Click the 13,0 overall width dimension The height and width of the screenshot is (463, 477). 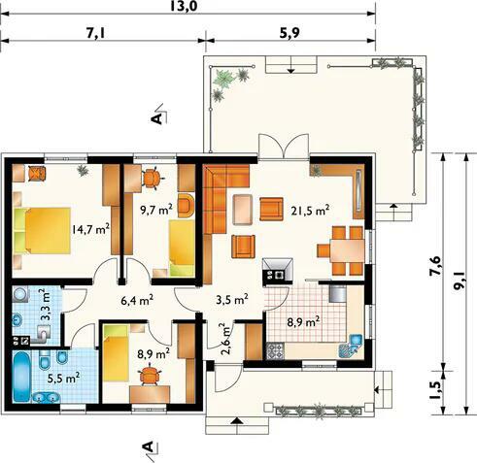point(184,6)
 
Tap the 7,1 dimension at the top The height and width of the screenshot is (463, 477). point(95,33)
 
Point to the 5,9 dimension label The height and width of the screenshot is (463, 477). point(290,33)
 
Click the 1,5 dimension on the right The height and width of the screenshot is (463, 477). point(436,390)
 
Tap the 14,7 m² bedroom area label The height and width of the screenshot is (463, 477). point(90,229)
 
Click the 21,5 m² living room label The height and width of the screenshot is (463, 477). point(310,211)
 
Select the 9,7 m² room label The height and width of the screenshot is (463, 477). point(155,210)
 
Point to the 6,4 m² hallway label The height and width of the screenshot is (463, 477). point(137,300)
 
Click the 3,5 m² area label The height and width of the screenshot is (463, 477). point(232,299)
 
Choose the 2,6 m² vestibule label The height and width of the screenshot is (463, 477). point(225,339)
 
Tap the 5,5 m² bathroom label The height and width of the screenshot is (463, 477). point(63,378)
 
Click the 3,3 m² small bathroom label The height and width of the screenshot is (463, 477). point(46,305)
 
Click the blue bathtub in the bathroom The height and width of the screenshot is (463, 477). point(22,377)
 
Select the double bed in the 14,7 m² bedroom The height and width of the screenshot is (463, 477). point(42,230)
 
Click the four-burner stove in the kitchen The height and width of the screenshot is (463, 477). point(275,351)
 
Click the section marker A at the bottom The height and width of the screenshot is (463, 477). point(148,446)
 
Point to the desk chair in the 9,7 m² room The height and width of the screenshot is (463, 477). point(152,178)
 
